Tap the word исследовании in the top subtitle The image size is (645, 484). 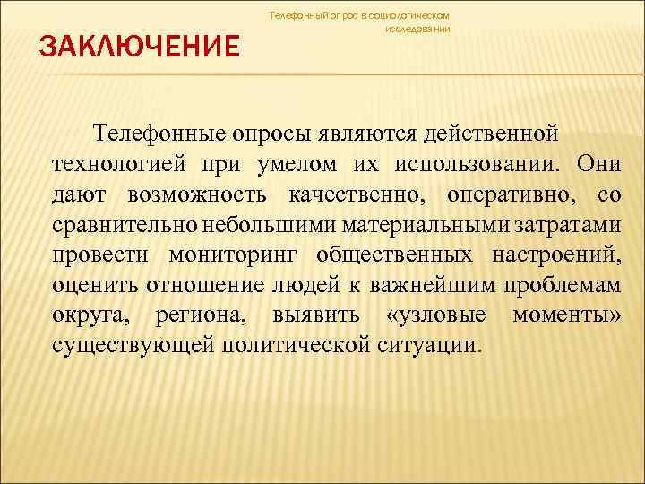[x=417, y=29]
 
